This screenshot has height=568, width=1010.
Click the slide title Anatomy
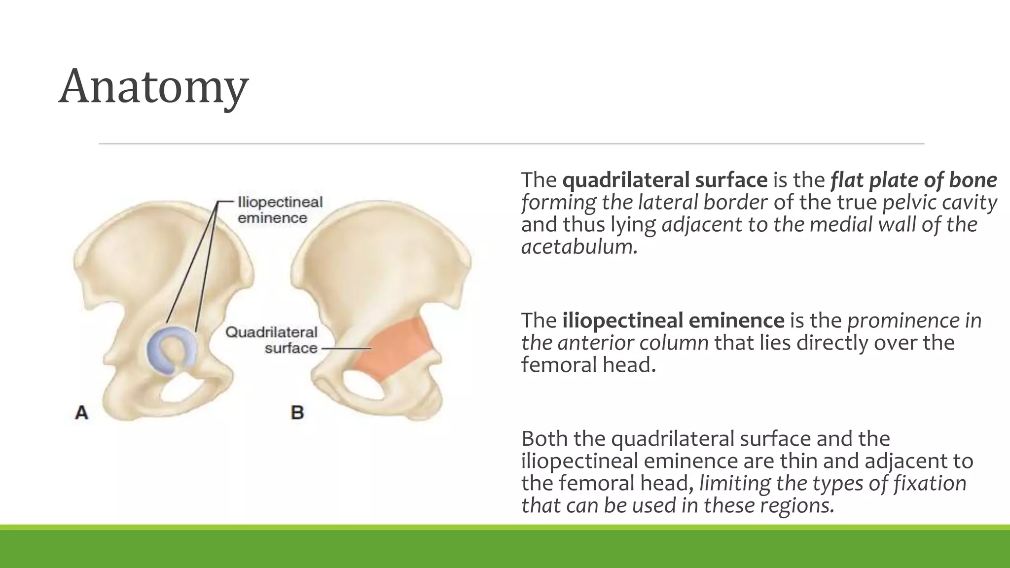pyautogui.click(x=153, y=87)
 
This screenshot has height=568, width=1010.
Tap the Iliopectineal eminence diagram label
pyautogui.click(x=280, y=210)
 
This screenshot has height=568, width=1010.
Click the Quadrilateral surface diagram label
pyautogui.click(x=271, y=340)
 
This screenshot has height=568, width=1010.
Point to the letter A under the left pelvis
pyautogui.click(x=81, y=412)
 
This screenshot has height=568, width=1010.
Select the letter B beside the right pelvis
pyautogui.click(x=297, y=412)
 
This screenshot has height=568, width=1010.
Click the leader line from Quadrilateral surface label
pyautogui.click(x=345, y=349)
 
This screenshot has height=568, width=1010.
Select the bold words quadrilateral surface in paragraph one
pyautogui.click(x=665, y=180)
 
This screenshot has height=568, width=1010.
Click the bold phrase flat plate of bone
pyautogui.click(x=913, y=180)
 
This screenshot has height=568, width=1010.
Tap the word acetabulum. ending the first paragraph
pyautogui.click(x=579, y=247)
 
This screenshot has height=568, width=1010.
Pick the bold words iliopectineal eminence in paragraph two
pyautogui.click(x=673, y=321)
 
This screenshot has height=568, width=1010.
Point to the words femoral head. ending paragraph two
pyautogui.click(x=588, y=365)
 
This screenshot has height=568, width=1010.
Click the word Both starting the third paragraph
pyautogui.click(x=543, y=439)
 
